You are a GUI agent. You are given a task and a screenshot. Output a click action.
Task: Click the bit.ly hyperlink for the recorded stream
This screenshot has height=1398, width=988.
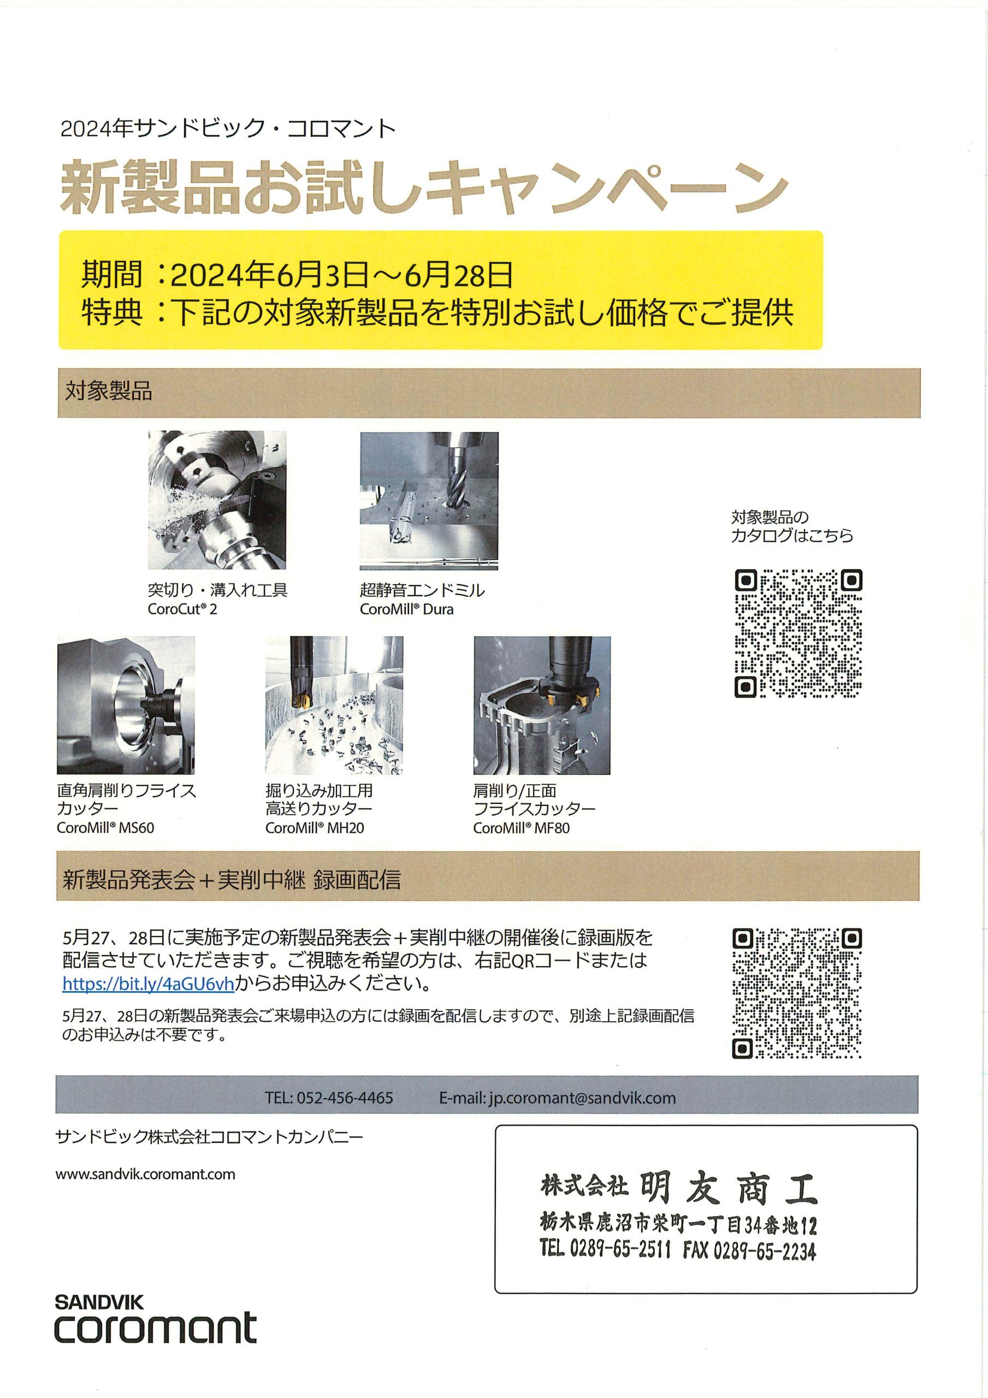coord(148,984)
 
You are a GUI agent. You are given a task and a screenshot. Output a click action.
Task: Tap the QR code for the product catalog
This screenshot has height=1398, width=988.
coord(798,633)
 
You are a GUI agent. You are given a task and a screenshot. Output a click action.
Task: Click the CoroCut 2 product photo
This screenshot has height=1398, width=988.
coord(217,500)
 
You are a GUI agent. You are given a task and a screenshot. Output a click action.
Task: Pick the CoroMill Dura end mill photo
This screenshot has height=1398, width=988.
coord(429,501)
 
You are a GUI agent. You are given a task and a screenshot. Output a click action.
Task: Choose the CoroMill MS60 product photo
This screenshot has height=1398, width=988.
coord(126,705)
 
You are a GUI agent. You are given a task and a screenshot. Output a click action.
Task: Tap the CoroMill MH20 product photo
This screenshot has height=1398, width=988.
coord(334,705)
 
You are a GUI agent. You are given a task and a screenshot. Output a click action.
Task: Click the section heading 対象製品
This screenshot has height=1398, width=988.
coord(109,391)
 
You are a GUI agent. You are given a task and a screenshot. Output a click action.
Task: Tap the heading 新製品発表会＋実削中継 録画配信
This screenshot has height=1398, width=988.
coord(232,879)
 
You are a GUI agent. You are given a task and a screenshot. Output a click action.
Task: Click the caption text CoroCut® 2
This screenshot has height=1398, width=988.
coord(182,609)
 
